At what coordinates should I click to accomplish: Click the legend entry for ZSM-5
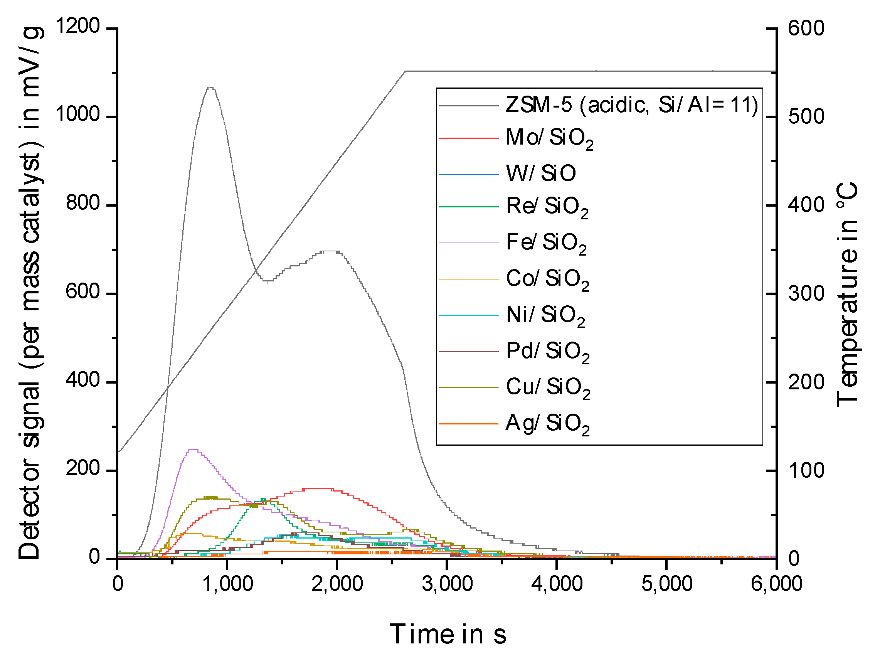[x=631, y=105]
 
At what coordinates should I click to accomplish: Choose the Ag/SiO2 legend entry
[x=547, y=424]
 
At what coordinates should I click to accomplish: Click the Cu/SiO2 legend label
[x=548, y=387]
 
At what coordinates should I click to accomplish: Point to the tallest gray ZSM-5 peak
[x=210, y=88]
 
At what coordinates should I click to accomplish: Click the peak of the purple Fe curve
[x=193, y=450]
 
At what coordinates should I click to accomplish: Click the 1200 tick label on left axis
[x=77, y=27]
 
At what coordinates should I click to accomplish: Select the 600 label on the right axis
[x=806, y=29]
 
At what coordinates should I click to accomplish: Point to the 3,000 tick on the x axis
[x=447, y=584]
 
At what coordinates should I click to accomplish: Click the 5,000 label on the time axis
[x=666, y=584]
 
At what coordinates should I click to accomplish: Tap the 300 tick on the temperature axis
[x=806, y=294]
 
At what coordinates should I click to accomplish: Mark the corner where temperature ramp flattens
[x=406, y=72]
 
